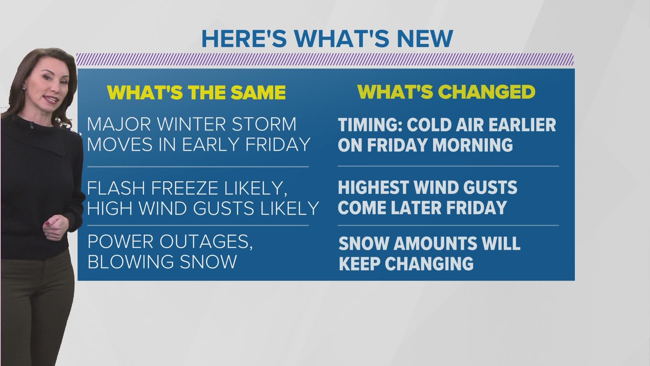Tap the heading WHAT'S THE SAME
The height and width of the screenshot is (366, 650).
pyautogui.click(x=196, y=92)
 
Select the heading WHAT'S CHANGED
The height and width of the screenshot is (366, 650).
pyautogui.click(x=446, y=91)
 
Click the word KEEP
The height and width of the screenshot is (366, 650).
pyautogui.click(x=359, y=264)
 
